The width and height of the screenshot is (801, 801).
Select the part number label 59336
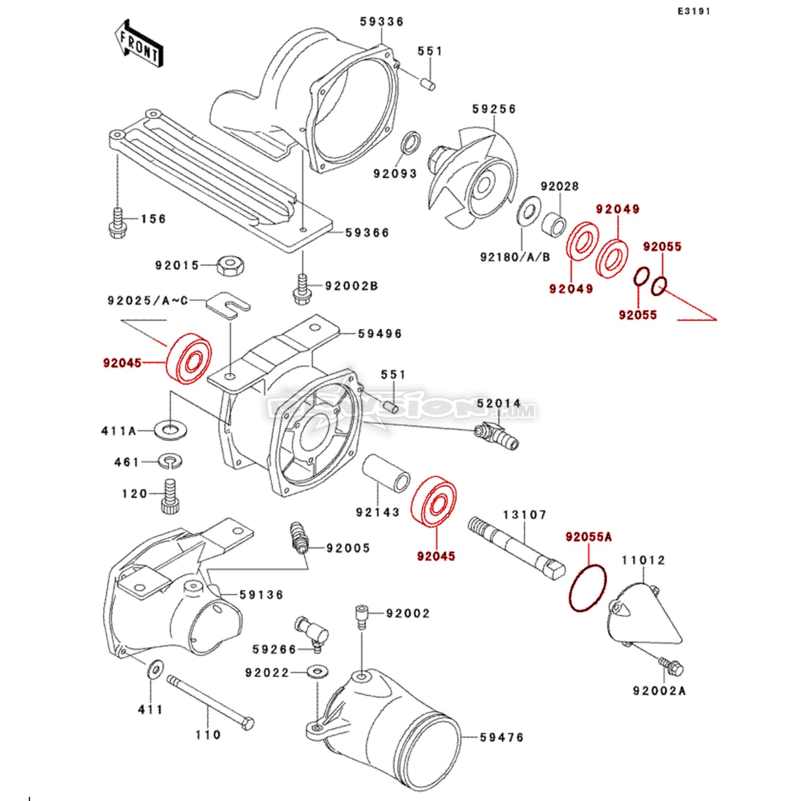click(x=381, y=22)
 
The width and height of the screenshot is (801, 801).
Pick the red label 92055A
click(x=588, y=537)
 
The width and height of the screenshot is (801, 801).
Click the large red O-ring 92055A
click(x=588, y=588)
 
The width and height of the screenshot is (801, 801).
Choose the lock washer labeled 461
click(x=171, y=461)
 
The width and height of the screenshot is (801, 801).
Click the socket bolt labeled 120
click(x=171, y=496)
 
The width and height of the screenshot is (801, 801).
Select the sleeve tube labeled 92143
click(x=386, y=476)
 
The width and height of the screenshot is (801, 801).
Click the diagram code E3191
click(x=693, y=11)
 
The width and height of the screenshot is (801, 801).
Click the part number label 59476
click(x=501, y=737)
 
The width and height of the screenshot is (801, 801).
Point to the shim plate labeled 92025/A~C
click(x=228, y=306)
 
